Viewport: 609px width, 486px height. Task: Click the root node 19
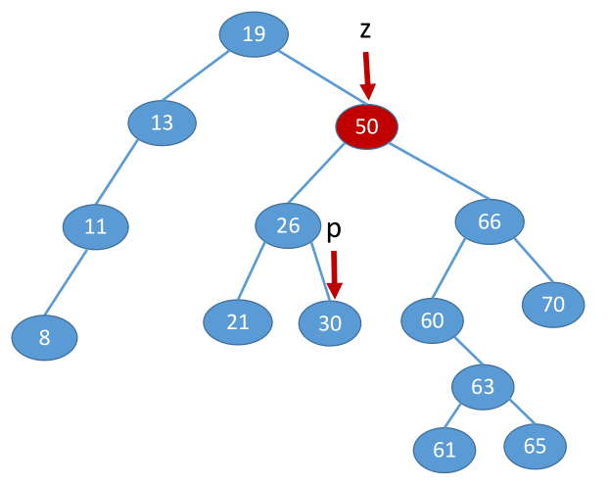tap(254, 35)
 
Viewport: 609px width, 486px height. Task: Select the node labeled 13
tap(162, 122)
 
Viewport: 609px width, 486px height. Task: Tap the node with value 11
tap(95, 227)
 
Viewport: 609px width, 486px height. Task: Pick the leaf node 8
tap(44, 338)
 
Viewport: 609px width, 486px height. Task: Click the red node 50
tap(366, 126)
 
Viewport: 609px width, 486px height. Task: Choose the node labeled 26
tap(288, 226)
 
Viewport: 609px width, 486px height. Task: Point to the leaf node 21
tap(237, 321)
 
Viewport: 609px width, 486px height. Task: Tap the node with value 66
tap(490, 222)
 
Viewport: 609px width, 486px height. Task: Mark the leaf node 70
tap(553, 305)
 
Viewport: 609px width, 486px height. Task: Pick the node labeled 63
tap(483, 386)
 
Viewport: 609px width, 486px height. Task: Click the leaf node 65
tap(535, 446)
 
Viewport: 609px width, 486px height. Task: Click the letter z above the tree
tap(365, 30)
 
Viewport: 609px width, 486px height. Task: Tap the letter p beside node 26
tap(333, 229)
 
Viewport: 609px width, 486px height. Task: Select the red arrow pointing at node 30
tap(335, 275)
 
